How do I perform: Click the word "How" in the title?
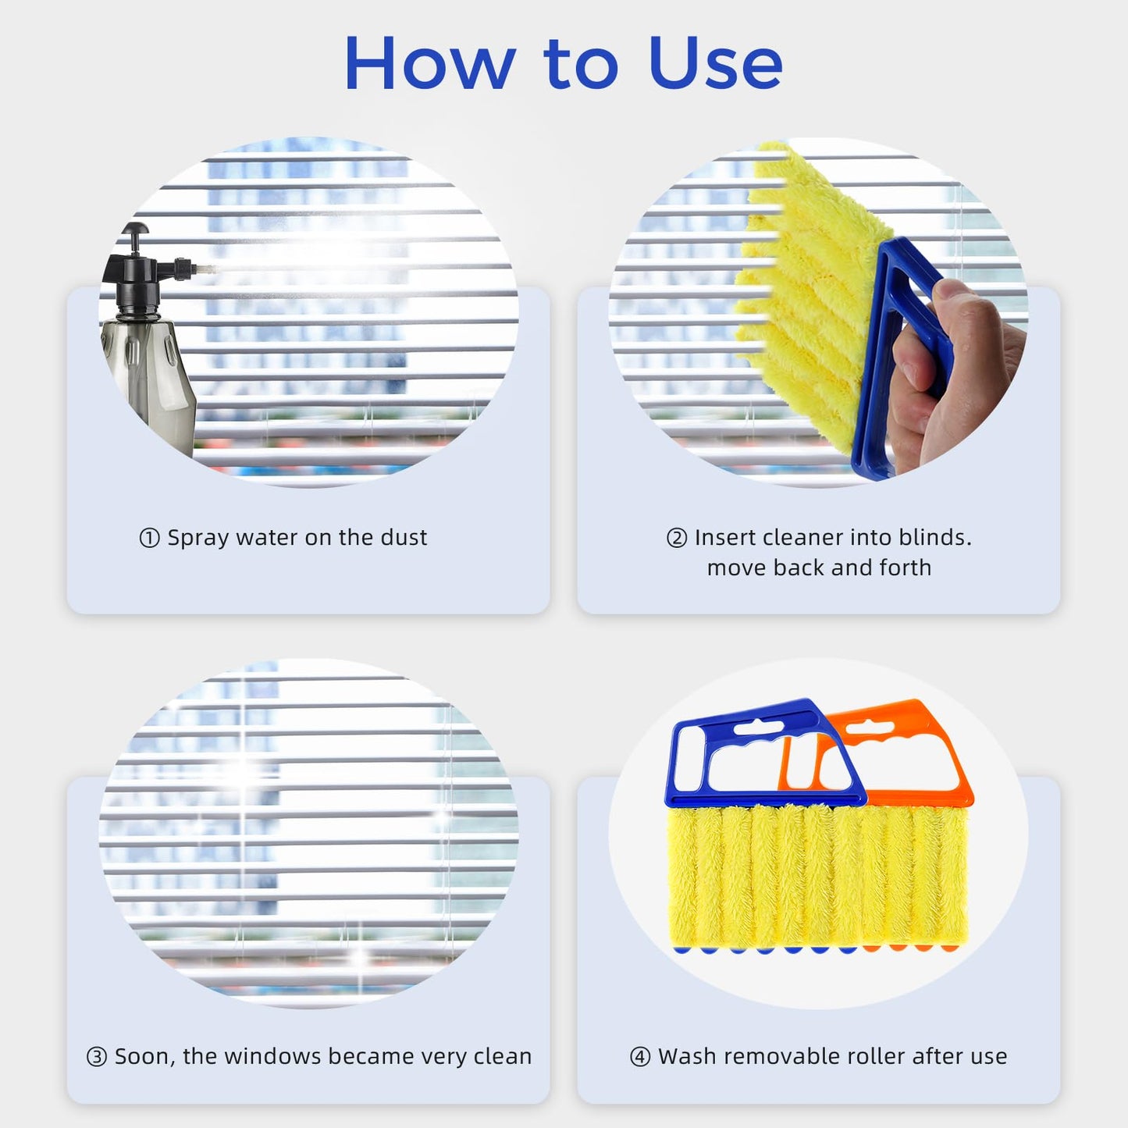pyautogui.click(x=429, y=63)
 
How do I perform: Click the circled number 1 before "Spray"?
pyautogui.click(x=149, y=539)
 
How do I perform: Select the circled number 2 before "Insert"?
pyautogui.click(x=676, y=539)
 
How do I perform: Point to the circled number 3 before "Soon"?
pyautogui.click(x=96, y=1057)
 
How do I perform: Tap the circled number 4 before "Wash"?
pyautogui.click(x=639, y=1057)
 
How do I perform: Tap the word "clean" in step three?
pyautogui.click(x=502, y=1056)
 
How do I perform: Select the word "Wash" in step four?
pyautogui.click(x=686, y=1056)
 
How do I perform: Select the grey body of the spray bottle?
pyautogui.click(x=152, y=375)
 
